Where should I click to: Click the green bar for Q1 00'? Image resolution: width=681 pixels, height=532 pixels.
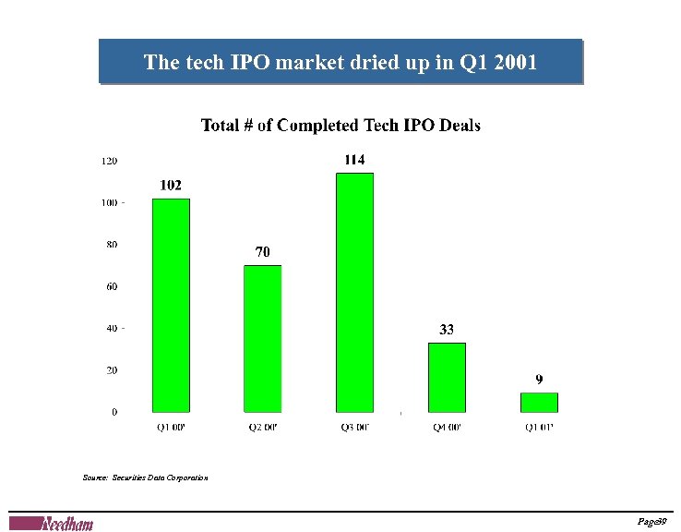171,305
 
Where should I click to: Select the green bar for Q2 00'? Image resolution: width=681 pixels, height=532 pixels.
263,338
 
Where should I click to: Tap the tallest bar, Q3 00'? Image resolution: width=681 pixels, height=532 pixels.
355,292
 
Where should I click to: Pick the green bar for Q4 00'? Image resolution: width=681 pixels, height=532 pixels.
448,377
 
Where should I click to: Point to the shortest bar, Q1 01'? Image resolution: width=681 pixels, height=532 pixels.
540,402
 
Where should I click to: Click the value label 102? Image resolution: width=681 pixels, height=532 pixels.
171,186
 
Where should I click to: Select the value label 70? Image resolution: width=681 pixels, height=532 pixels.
263,251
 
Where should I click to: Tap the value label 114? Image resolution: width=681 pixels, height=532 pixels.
355,160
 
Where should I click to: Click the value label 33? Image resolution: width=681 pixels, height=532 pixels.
447,329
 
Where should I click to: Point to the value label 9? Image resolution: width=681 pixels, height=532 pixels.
540,379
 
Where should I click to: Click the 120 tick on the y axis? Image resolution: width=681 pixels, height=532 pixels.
109,161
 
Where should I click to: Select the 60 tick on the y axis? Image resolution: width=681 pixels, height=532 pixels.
111,286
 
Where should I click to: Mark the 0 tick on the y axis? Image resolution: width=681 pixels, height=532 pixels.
114,412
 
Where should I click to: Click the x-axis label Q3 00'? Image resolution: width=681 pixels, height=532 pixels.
355,427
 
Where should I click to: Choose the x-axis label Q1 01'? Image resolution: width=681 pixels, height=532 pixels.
540,427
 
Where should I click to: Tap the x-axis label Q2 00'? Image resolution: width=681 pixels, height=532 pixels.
263,427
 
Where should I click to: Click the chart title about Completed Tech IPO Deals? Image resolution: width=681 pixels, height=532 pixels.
340,126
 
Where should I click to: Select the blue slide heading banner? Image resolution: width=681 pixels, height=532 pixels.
340,62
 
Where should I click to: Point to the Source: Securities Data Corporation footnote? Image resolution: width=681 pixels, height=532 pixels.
145,478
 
